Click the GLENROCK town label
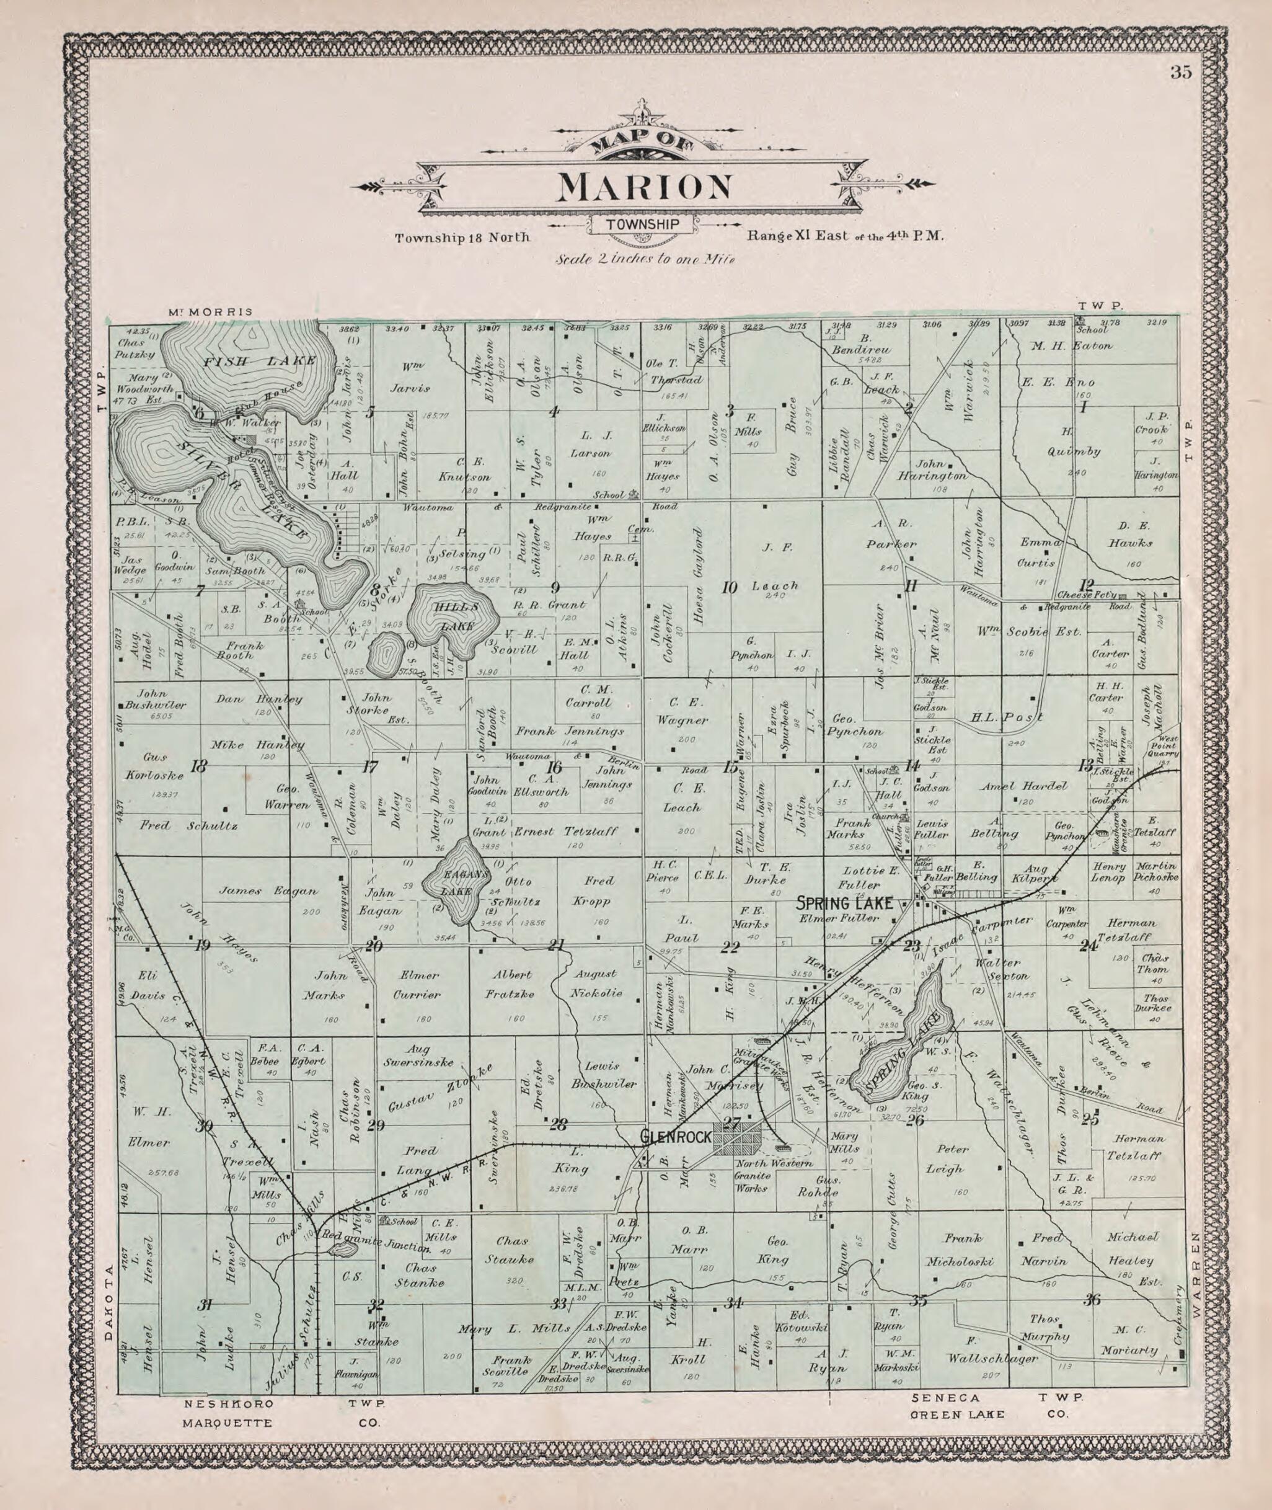pyautogui.click(x=676, y=1137)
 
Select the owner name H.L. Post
pyautogui.click(x=1007, y=717)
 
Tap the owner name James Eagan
pyautogui.click(x=268, y=891)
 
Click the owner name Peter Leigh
pyautogui.click(x=959, y=1160)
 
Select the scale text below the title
pyautogui.click(x=644, y=259)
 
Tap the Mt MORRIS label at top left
pyautogui.click(x=211, y=312)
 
